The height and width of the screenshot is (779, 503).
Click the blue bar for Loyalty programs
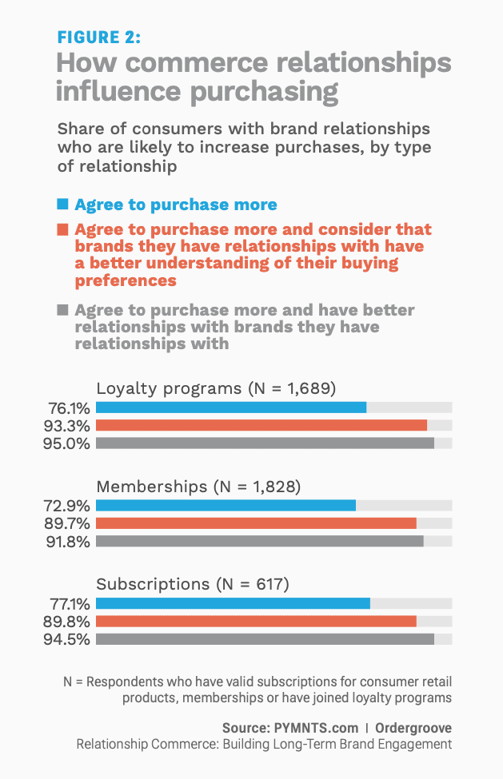coord(230,407)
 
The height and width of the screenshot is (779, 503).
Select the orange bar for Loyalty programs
coord(261,425)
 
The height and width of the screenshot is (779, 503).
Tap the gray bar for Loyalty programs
coord(265,443)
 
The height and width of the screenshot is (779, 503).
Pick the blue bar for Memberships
coord(226,505)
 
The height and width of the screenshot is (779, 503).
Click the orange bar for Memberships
coord(256,523)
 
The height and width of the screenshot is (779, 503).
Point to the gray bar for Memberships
coord(259,541)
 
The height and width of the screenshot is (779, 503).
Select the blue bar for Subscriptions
coord(233,603)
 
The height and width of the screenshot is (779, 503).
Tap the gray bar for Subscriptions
coord(265,638)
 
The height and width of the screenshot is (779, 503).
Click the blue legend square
coord(62,204)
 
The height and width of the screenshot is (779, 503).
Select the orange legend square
coord(62,229)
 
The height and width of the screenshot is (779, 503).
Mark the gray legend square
coord(62,310)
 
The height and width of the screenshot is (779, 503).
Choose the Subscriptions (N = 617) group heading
coord(192,584)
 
